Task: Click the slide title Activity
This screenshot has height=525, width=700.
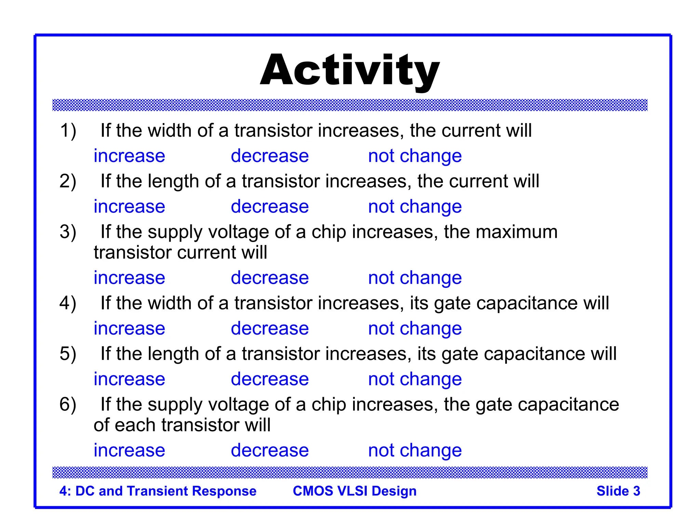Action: (350, 71)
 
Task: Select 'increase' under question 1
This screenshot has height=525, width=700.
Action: (129, 156)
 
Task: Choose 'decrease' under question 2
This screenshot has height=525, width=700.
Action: (270, 207)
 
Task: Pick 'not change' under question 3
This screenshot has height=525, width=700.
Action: (415, 278)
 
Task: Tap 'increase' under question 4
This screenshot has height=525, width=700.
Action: (129, 328)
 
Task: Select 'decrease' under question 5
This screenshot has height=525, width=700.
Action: (270, 379)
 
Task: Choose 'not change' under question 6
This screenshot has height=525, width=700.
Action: (415, 450)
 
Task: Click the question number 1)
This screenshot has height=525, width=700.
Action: (68, 131)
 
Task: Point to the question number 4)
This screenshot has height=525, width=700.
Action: (68, 304)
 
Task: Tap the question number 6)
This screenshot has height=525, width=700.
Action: (68, 405)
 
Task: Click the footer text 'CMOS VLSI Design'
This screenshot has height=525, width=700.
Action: (354, 491)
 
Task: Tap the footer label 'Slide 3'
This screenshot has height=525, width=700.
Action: (618, 491)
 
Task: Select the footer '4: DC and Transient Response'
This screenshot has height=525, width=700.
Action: (158, 491)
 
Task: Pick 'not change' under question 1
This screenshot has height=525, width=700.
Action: (415, 156)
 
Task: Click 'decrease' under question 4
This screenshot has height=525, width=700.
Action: (270, 328)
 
